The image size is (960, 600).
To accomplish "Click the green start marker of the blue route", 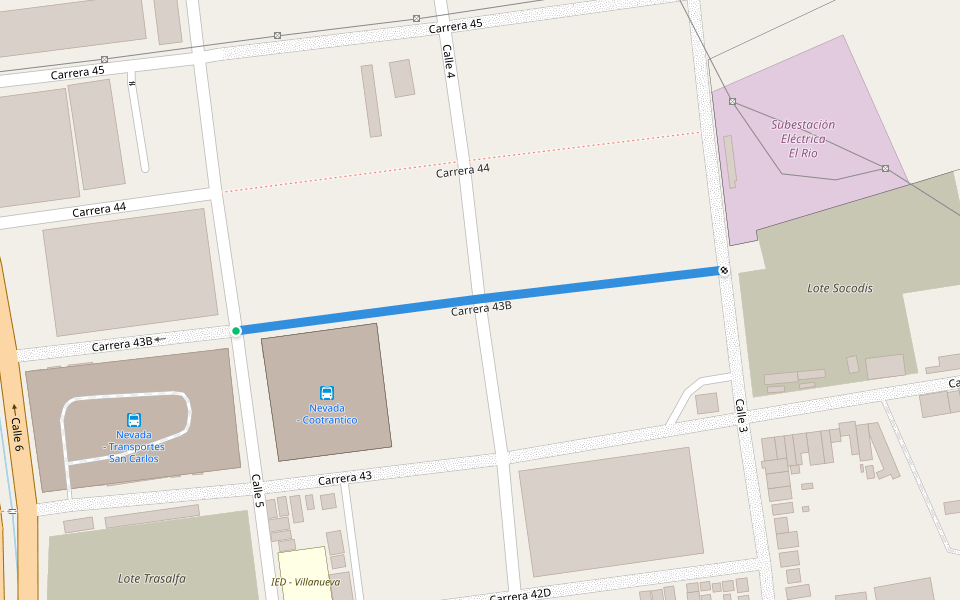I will (236, 331).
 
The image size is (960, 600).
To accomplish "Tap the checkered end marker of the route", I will (723, 271).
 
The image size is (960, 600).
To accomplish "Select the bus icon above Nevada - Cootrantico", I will (326, 393).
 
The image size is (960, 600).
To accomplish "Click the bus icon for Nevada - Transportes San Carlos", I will (134, 420).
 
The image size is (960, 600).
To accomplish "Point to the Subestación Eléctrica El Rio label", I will (803, 139).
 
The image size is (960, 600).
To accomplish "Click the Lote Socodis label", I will (839, 288).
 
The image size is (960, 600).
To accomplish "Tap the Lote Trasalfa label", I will (151, 578).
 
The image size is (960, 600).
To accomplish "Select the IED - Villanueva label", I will (305, 582).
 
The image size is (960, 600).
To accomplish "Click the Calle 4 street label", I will (449, 61).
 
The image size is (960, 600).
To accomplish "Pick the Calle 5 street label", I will (257, 489).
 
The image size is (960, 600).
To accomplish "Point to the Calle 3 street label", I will (742, 415).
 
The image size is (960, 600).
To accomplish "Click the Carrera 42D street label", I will (520, 595).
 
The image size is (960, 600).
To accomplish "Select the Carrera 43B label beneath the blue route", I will (481, 309).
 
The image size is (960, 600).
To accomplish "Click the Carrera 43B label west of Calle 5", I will (122, 344).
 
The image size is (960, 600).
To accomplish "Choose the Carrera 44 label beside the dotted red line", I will (463, 171).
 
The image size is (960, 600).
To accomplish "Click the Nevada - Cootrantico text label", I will (326, 414).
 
